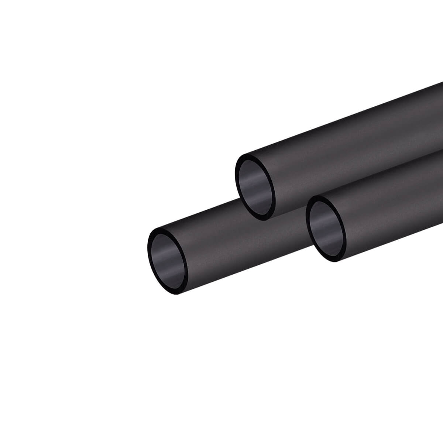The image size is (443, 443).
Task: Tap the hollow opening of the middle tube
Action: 255,187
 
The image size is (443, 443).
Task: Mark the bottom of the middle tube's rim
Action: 261,219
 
